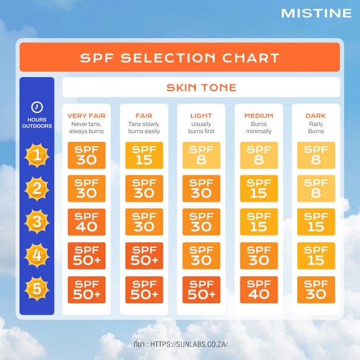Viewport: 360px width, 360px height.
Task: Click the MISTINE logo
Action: coord(316,13)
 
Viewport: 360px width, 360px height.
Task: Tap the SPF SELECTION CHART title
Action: coord(179,58)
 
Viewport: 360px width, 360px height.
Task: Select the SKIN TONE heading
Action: coord(201,87)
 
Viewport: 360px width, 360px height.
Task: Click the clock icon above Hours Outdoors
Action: coord(37,107)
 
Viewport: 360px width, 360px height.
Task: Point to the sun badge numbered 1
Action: coord(37,155)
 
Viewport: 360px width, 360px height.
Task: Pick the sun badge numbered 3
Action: coord(37,222)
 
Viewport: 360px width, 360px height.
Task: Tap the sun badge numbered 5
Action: coord(37,289)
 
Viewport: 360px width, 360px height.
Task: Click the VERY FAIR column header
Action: coord(86,116)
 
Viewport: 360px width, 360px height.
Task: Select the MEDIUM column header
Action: coord(259,116)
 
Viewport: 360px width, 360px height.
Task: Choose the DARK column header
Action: coord(316,116)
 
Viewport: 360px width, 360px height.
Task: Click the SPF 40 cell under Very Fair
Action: coord(86,222)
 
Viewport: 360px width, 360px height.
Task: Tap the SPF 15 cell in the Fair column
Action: coord(144,155)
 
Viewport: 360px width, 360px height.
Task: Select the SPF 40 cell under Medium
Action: coord(259,290)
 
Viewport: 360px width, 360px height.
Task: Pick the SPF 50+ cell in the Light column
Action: coord(202,290)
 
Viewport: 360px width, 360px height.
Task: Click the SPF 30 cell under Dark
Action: coord(316,290)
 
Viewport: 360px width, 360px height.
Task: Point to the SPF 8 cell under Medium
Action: coord(259,155)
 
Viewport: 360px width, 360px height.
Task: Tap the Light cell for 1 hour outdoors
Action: coord(202,155)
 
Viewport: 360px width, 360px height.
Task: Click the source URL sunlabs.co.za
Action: coord(189,344)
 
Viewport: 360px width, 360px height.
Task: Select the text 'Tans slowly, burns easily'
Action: coord(144,128)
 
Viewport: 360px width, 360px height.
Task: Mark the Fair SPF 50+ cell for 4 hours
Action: coord(144,256)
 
